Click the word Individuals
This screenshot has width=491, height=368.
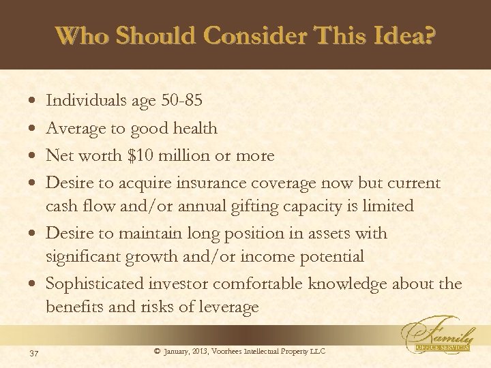click(x=85, y=101)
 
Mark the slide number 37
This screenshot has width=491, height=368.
click(x=34, y=352)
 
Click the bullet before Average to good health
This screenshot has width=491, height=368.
click(x=34, y=129)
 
